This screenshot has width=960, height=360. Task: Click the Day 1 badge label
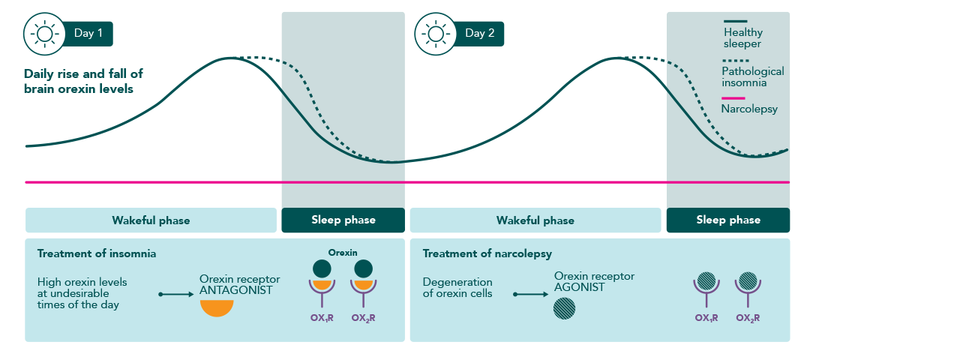[x=88, y=34]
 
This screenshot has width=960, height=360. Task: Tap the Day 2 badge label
[x=479, y=34]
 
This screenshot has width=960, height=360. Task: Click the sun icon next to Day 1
[x=44, y=34]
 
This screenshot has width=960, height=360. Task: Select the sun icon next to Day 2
[x=436, y=34]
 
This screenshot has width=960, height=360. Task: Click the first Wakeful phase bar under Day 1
[x=151, y=220]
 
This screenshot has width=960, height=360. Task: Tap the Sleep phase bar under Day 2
[x=728, y=220]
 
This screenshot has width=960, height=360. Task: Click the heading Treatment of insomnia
[x=97, y=253]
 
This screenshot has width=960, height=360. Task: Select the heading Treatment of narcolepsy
[x=487, y=253]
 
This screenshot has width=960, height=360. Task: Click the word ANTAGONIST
[x=235, y=290]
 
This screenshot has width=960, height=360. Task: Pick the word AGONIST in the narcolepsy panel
[x=580, y=287]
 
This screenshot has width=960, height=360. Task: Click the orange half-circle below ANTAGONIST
[x=217, y=307]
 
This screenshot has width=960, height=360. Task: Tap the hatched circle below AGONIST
[x=564, y=308]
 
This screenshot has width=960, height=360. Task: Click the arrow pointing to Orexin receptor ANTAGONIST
[x=176, y=295]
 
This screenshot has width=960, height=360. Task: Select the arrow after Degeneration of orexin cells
[x=530, y=295]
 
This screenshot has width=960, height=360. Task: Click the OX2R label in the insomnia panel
[x=364, y=318]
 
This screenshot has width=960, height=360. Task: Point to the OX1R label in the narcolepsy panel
[x=706, y=318]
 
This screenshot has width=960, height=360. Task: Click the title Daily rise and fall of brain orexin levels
[x=83, y=81]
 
